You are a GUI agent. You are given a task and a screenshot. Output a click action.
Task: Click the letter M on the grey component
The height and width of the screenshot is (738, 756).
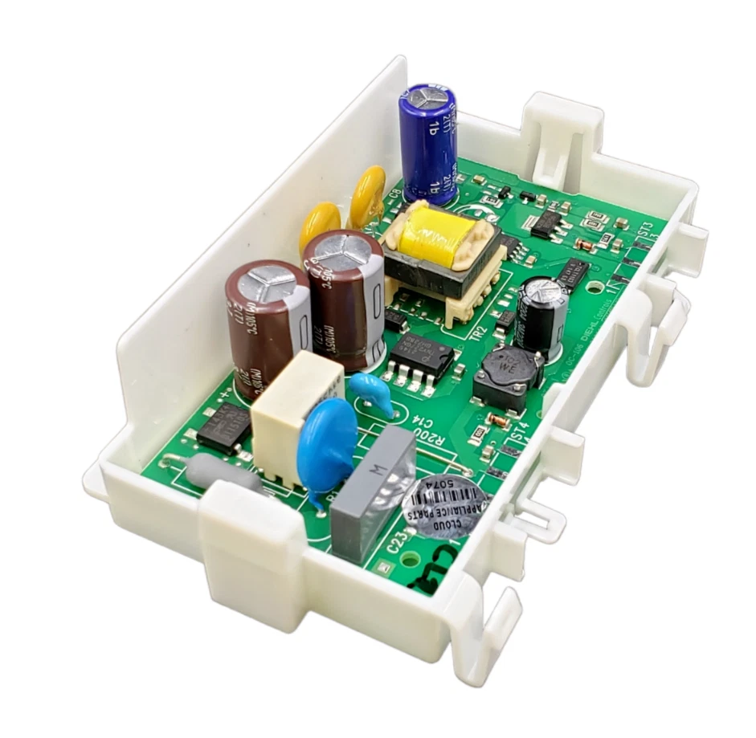pyautogui.click(x=383, y=465)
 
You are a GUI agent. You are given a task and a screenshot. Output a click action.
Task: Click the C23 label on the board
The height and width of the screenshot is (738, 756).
pyautogui.click(x=395, y=546)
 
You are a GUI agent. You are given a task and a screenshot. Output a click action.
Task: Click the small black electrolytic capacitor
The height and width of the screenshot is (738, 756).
pyautogui.click(x=544, y=313)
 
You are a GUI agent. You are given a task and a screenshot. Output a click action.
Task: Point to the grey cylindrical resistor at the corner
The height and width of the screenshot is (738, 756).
pyautogui.click(x=223, y=475)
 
